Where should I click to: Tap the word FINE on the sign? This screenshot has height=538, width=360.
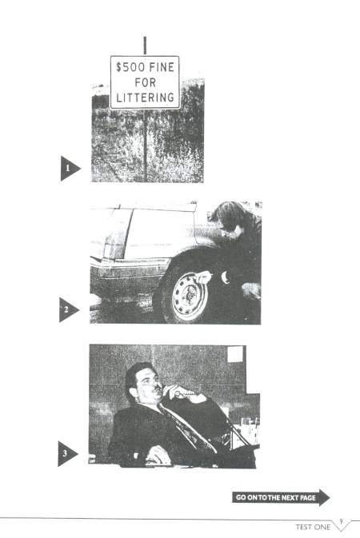pyautogui.click(x=162, y=67)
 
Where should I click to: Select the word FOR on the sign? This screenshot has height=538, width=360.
pyautogui.click(x=146, y=82)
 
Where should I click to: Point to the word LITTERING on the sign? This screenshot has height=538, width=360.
pyautogui.click(x=145, y=98)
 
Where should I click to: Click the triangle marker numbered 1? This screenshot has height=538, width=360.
pyautogui.click(x=70, y=168)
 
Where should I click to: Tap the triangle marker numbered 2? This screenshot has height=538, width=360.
pyautogui.click(x=68, y=310)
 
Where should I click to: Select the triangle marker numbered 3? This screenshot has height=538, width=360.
pyautogui.click(x=66, y=453)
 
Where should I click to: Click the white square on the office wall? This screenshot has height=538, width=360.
pyautogui.click(x=235, y=354)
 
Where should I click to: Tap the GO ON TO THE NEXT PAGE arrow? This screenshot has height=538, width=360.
pyautogui.click(x=281, y=497)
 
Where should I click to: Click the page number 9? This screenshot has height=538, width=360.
pyautogui.click(x=341, y=521)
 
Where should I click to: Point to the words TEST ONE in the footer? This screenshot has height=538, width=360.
pyautogui.click(x=313, y=527)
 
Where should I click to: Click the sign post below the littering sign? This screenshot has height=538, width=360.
pyautogui.click(x=146, y=145)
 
